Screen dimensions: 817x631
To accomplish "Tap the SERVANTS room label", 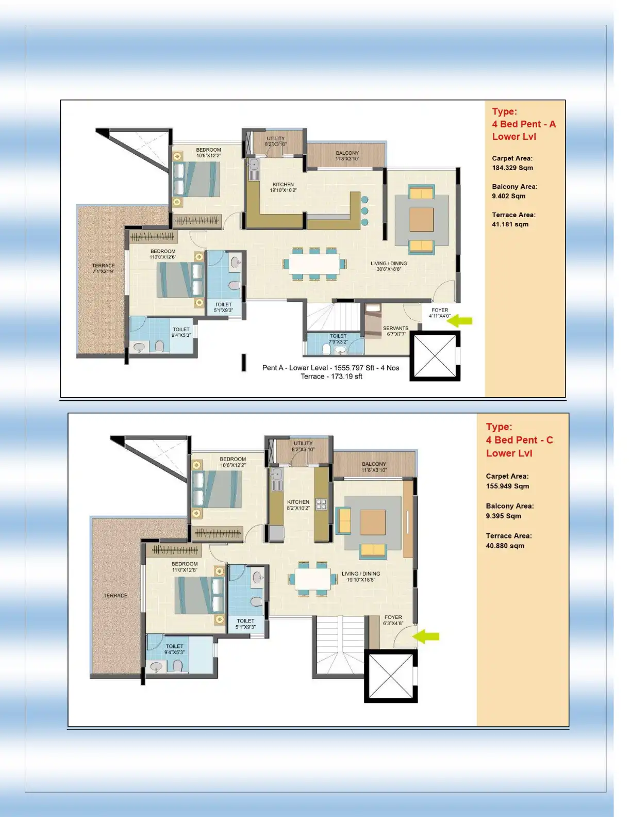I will (x=395, y=331).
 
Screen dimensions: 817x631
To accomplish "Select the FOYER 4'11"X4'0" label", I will (x=440, y=313).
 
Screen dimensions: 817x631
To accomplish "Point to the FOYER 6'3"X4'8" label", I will (x=393, y=620).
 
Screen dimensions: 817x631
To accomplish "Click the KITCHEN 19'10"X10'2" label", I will (x=283, y=187).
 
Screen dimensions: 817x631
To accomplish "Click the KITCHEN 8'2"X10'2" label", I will (x=298, y=505).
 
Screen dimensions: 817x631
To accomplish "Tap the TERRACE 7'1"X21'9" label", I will (x=104, y=268).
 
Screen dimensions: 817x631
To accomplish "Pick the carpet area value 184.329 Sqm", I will (x=512, y=168).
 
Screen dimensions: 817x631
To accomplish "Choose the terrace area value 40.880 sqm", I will (x=505, y=546).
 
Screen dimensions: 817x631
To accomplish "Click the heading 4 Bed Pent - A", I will (x=523, y=124).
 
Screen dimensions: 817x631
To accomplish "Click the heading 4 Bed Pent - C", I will (x=519, y=440).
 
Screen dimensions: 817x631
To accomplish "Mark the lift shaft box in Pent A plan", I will (x=435, y=356).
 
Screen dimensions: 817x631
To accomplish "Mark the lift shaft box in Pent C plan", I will (x=391, y=676).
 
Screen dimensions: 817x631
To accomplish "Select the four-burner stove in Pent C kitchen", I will (x=321, y=504).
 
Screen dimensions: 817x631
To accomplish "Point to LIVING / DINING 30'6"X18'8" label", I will (x=389, y=266).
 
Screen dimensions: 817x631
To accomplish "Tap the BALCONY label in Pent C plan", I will (x=374, y=467).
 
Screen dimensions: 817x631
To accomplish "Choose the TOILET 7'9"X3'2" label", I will (x=338, y=338).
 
